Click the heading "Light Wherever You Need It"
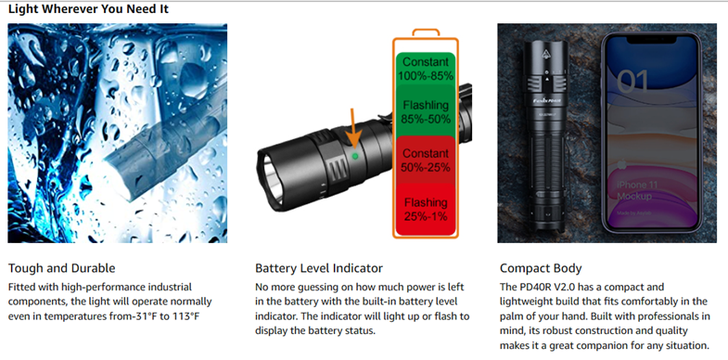click(89, 9)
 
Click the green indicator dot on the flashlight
click(355, 156)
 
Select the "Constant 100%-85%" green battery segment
click(426, 69)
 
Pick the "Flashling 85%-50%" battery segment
click(426, 111)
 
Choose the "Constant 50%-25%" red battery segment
click(426, 160)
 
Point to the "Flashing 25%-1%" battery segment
click(426, 209)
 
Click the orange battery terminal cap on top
click(426, 32)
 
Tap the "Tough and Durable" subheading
click(62, 268)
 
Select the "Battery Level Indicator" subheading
click(319, 268)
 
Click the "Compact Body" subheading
click(541, 268)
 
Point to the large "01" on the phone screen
click(633, 81)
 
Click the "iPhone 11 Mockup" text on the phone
click(637, 190)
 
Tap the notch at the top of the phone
click(651, 41)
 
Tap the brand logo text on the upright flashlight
click(546, 98)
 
